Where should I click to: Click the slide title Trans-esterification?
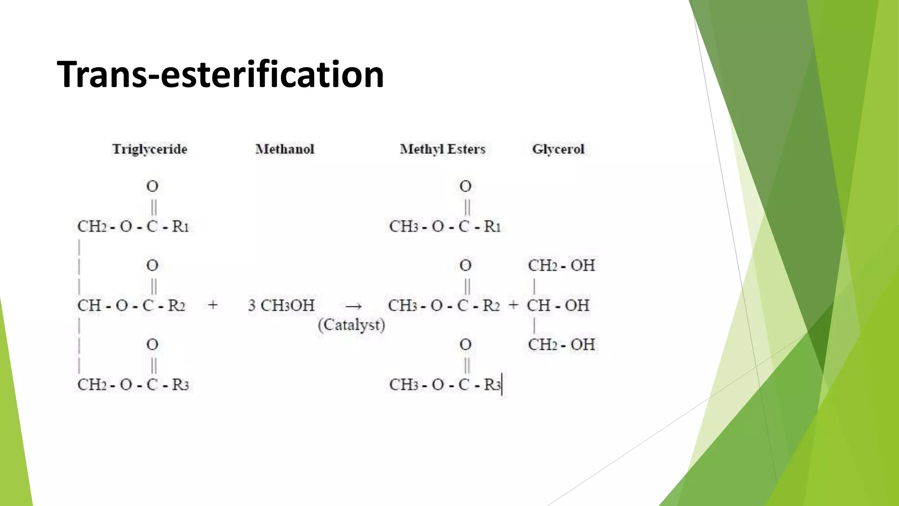tap(220, 74)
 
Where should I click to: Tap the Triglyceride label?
tap(150, 149)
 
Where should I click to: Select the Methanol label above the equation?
tap(285, 149)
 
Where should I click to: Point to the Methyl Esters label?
tap(442, 149)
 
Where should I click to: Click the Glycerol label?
tap(558, 149)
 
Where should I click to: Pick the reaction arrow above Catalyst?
tap(353, 306)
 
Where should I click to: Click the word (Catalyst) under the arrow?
tap(351, 325)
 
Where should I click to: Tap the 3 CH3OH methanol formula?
tap(281, 305)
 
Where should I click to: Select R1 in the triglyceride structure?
tap(180, 227)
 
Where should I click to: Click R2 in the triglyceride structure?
tap(176, 305)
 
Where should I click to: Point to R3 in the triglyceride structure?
tap(180, 385)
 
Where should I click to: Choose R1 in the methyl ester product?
tap(492, 227)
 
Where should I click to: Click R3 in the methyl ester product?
tap(492, 385)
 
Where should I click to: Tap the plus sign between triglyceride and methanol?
tap(213, 305)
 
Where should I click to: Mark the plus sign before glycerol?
tap(513, 305)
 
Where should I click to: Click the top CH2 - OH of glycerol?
tap(561, 266)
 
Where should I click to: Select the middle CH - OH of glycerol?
tap(558, 305)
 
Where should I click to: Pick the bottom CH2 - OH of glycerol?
tap(561, 345)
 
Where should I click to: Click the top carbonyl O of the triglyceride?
tap(152, 187)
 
